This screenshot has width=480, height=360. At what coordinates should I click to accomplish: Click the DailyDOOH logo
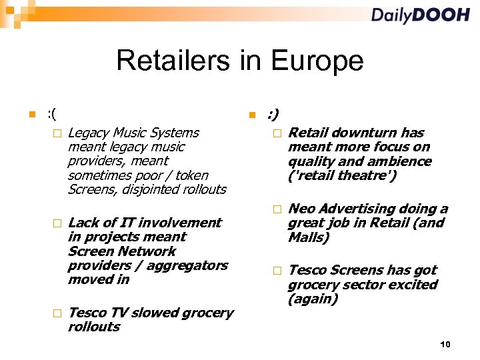(x=420, y=15)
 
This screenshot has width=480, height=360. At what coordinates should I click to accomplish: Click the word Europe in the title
(x=318, y=61)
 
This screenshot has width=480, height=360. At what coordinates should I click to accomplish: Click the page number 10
(x=445, y=344)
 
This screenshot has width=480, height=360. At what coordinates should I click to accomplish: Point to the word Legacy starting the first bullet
(x=90, y=133)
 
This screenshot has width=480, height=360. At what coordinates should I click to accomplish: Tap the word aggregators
(x=187, y=265)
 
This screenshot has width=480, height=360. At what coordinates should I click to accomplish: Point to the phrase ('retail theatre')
(x=342, y=175)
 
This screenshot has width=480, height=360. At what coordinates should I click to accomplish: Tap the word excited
(x=417, y=285)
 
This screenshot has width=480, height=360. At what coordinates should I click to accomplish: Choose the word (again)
(x=313, y=299)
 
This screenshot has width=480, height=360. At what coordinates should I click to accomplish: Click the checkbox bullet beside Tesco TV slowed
(x=57, y=313)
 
